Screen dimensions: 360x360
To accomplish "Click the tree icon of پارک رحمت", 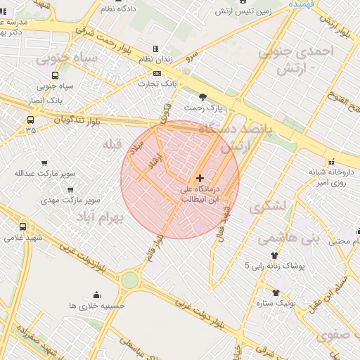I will [204, 97].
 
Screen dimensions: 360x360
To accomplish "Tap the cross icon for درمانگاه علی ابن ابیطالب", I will [200, 178].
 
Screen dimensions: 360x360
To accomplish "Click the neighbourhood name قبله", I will [112, 145].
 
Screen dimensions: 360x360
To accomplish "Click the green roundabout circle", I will [129, 280].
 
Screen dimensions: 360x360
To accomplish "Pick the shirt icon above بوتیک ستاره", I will [275, 292].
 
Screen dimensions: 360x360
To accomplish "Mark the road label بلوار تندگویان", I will [77, 121].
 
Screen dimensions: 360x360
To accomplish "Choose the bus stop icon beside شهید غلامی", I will [22, 226].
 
